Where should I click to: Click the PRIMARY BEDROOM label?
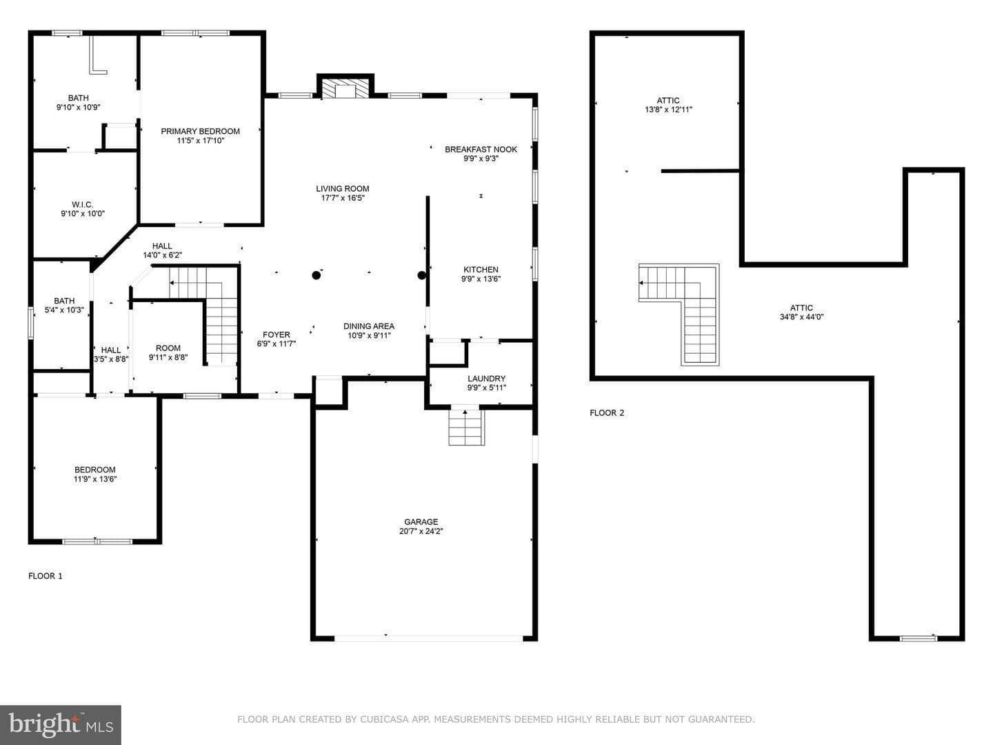pyautogui.click(x=201, y=131)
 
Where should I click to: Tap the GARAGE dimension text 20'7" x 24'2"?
pyautogui.click(x=421, y=531)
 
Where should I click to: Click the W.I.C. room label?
pyautogui.click(x=82, y=204)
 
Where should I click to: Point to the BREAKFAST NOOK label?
pyautogui.click(x=481, y=149)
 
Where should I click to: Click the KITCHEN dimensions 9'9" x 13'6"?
pyautogui.click(x=481, y=279)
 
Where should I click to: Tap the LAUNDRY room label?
pyautogui.click(x=486, y=378)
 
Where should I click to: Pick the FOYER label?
pyautogui.click(x=277, y=335)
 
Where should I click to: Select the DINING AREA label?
pyautogui.click(x=369, y=326)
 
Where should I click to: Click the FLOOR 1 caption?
pyautogui.click(x=46, y=576)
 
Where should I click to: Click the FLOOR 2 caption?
pyautogui.click(x=607, y=413)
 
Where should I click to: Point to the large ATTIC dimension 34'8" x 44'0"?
pyautogui.click(x=801, y=317)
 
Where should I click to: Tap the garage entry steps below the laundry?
pyautogui.click(x=466, y=427)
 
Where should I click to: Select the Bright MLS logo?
pyautogui.click(x=61, y=725)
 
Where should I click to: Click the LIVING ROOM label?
pyautogui.click(x=343, y=188)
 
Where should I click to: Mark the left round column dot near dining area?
pyautogui.click(x=317, y=275)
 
